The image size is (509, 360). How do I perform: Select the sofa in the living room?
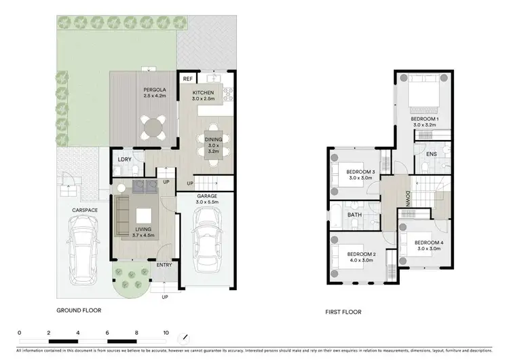123,215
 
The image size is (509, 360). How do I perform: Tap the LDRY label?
124,160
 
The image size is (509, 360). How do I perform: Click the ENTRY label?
164,265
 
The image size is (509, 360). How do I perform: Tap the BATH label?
355,215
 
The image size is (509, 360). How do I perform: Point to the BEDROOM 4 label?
429,242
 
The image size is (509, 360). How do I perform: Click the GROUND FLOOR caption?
79,310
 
